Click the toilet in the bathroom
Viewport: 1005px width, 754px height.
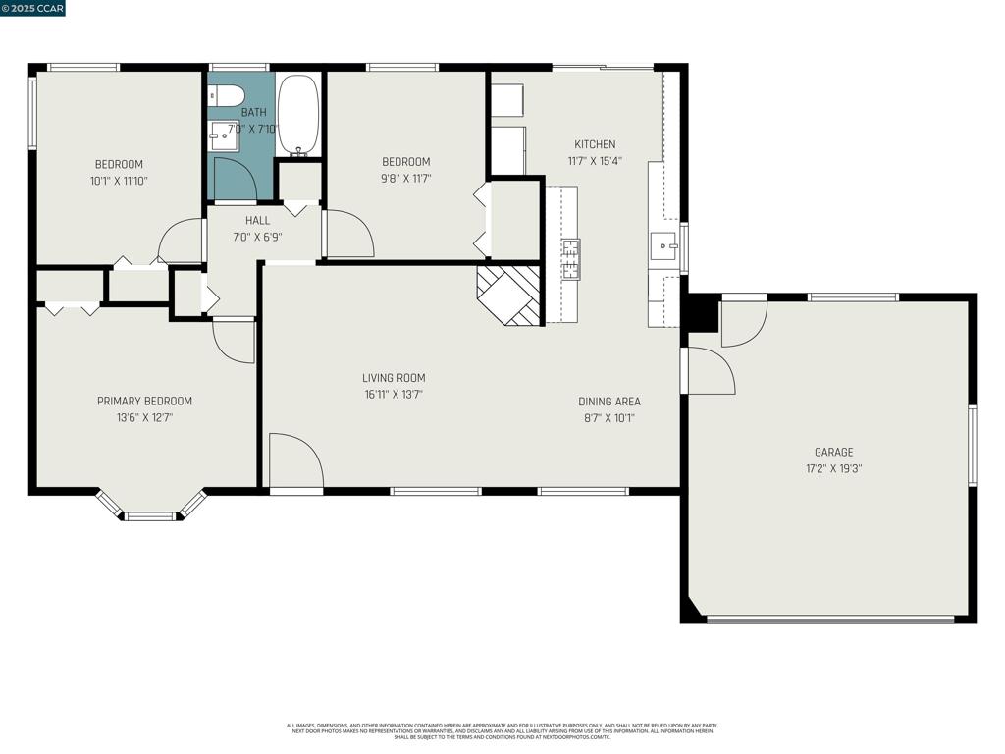point(228,95)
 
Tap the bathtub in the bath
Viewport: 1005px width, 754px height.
point(298,115)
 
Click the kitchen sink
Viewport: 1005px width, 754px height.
point(664,245)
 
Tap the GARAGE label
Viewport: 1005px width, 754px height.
point(833,453)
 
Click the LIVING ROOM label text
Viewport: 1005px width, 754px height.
point(394,378)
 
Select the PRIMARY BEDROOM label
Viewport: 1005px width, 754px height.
point(144,401)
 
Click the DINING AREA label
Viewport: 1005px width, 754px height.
point(608,402)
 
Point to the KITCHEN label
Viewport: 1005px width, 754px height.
point(595,144)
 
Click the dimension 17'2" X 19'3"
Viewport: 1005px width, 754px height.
point(833,468)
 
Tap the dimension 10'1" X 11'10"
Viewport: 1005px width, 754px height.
point(119,181)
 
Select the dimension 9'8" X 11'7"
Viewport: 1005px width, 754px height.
point(405,179)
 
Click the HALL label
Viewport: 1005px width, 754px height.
point(257,221)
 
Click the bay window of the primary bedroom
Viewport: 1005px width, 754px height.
point(150,512)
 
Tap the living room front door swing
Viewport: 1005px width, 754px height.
point(296,460)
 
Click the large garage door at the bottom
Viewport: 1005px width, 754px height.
point(830,619)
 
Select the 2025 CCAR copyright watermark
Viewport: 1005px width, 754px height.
point(33,8)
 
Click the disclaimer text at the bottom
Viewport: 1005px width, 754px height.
point(502,731)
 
